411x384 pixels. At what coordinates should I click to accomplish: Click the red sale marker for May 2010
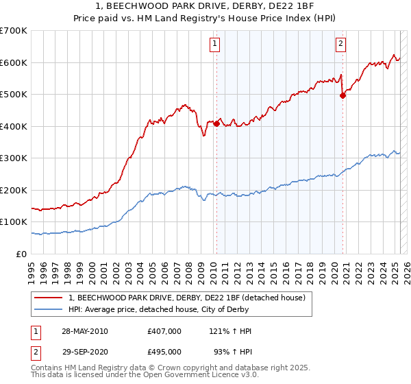(x=216, y=124)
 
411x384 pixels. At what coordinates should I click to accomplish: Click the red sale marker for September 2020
(x=342, y=96)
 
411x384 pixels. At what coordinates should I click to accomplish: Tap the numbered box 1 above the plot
(x=214, y=44)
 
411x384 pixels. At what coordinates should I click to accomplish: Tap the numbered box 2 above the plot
(x=340, y=44)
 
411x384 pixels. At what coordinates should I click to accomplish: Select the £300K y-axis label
(x=14, y=158)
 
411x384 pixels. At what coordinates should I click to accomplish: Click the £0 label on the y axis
(x=22, y=254)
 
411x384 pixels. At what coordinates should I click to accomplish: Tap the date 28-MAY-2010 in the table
(x=85, y=331)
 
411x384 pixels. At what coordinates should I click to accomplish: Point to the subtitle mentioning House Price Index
(x=206, y=19)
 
